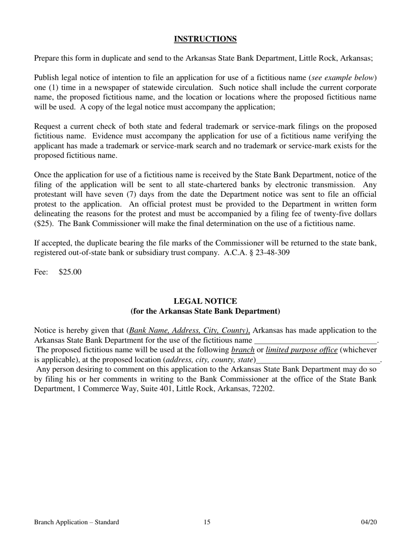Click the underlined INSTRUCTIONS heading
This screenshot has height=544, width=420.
(205, 39)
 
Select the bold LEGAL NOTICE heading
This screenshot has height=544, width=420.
(205, 301)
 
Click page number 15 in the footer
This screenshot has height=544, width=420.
(207, 522)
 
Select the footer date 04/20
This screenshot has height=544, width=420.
(369, 522)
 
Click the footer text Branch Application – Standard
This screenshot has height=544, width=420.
(76, 522)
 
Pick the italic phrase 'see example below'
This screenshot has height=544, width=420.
(343, 78)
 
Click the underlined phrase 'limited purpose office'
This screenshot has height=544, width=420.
(302, 350)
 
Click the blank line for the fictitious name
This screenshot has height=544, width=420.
(315, 341)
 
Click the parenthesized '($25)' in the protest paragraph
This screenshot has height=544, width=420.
(43, 223)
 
